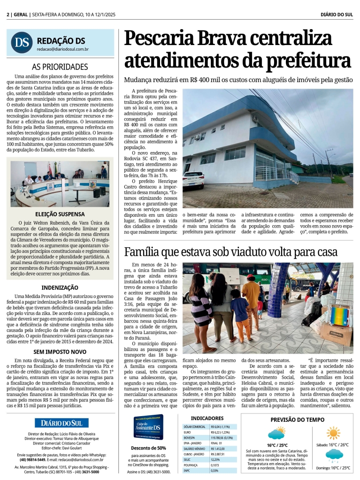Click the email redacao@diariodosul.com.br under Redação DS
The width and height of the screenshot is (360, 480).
pyautogui.click(x=63, y=49)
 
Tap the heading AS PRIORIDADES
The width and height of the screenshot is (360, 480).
pyautogui.click(x=60, y=67)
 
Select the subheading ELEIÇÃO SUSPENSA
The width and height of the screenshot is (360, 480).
pyautogui.click(x=60, y=214)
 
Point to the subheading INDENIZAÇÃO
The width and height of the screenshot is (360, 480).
pyautogui.click(x=60, y=287)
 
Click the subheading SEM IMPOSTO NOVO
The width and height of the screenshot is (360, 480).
pyautogui.click(x=60, y=351)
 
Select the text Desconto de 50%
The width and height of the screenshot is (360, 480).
pyautogui.click(x=148, y=448)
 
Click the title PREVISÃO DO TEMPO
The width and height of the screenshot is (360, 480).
pyautogui.click(x=297, y=419)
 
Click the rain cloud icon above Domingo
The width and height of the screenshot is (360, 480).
pyautogui.click(x=334, y=455)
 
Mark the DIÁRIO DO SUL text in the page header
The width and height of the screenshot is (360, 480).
pyautogui.click(x=336, y=15)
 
